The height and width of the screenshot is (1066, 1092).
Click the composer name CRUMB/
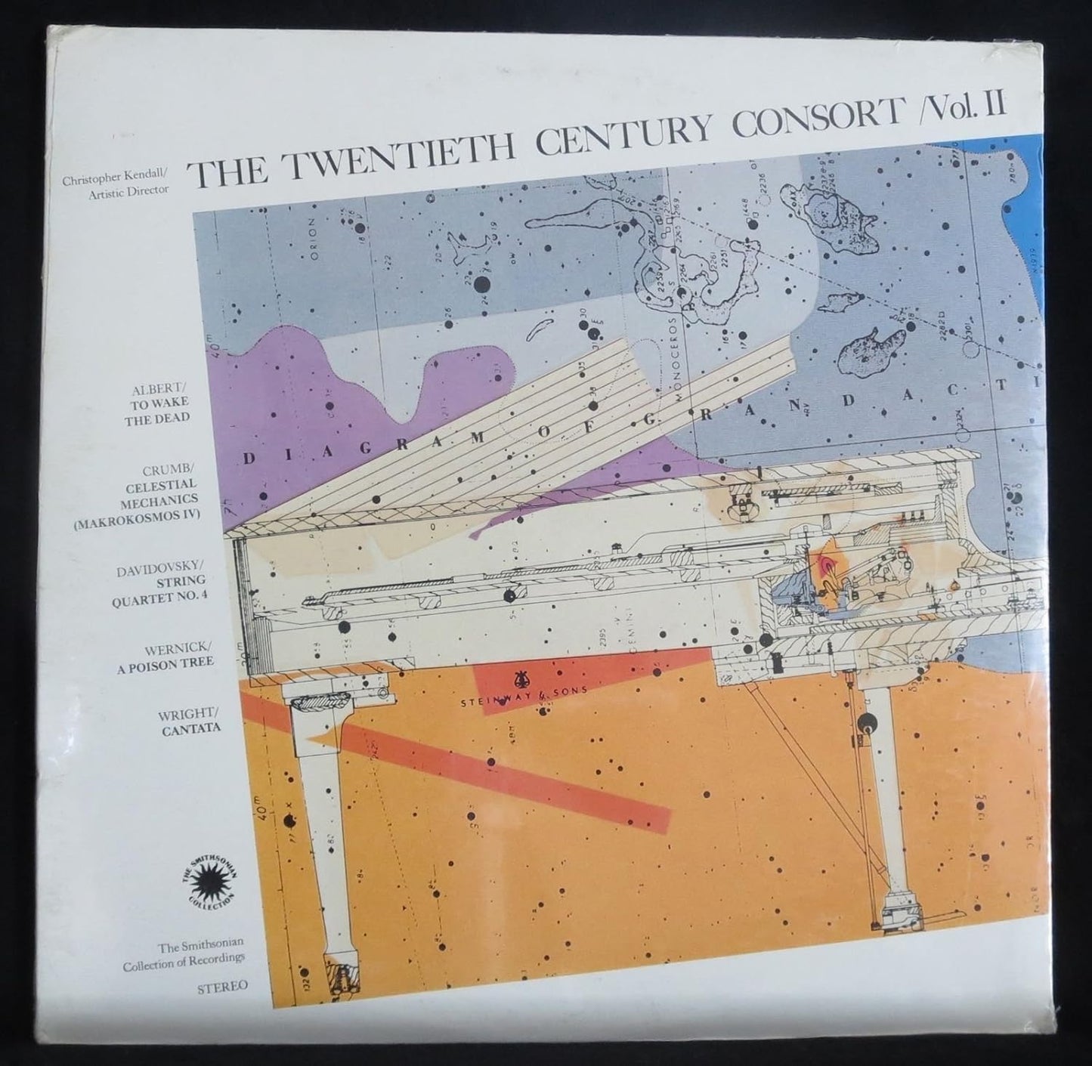point(170,470)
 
